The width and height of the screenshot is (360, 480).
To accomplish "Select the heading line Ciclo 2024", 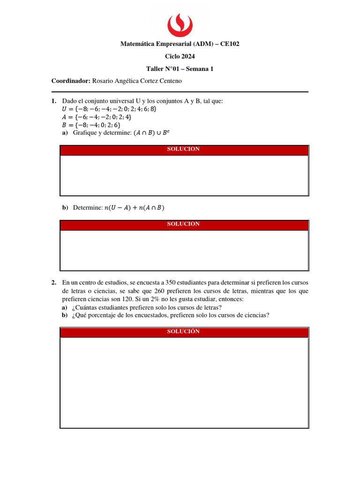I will coord(180,56).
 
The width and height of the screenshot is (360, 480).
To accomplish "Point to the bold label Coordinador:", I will coord(70,81).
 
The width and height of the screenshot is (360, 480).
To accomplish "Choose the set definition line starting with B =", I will coord(91,125).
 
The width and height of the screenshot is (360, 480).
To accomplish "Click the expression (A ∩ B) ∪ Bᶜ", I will coord(150,133).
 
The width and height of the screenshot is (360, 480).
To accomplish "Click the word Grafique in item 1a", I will coord(85,133).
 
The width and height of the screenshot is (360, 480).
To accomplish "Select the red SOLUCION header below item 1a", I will coord(184,150).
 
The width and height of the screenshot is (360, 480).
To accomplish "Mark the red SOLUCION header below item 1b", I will coord(184,225).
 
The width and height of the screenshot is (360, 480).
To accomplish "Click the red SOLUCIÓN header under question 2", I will coord(184,332).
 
